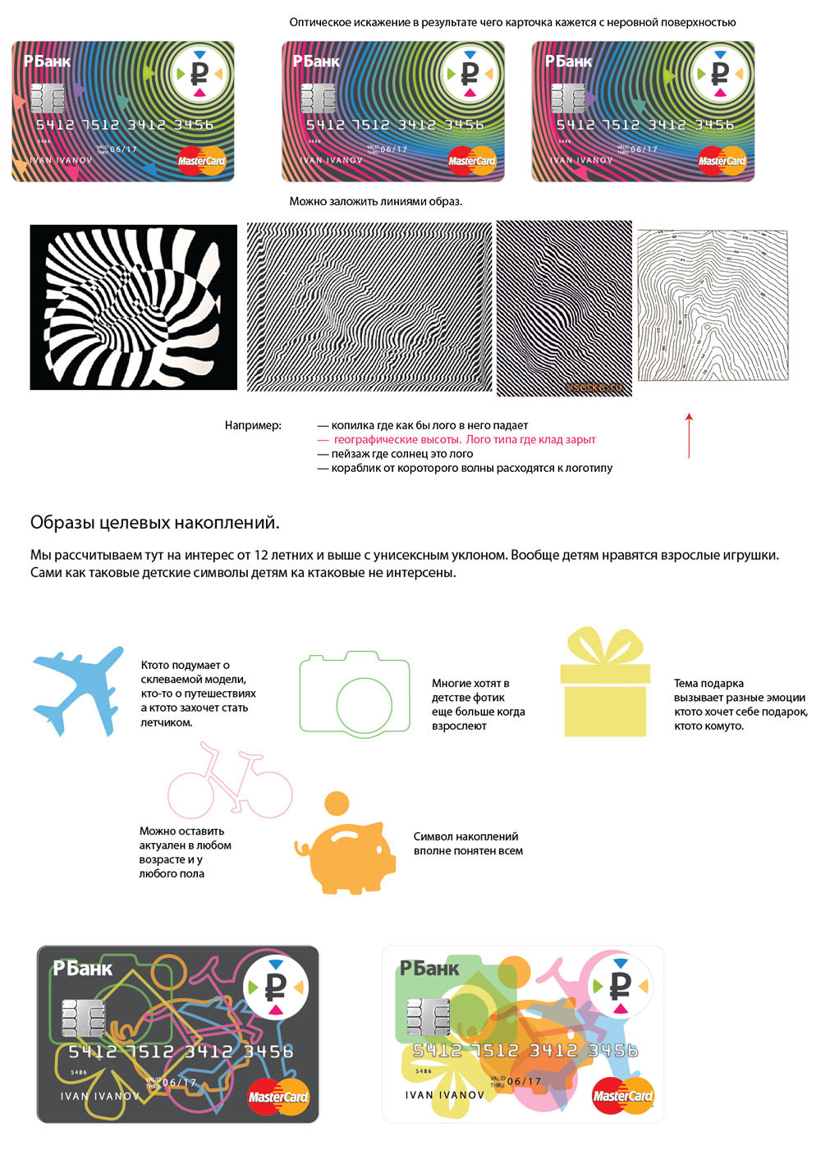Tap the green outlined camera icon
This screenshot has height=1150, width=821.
click(x=355, y=694)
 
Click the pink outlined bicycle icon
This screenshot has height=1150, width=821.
click(x=229, y=784)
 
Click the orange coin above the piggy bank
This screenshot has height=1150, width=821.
click(x=337, y=803)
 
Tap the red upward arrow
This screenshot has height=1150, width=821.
click(x=689, y=435)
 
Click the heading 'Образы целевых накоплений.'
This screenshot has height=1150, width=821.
click(x=154, y=522)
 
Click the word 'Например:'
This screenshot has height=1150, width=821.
click(x=253, y=425)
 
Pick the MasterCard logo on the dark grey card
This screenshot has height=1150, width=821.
click(x=278, y=1097)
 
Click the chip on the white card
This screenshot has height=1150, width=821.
click(x=429, y=1019)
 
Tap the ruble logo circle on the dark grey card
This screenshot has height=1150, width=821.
click(x=276, y=986)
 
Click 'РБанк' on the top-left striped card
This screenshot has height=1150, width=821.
click(x=47, y=62)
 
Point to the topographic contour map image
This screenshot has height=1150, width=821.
click(x=713, y=305)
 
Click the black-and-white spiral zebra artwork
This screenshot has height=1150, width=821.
click(x=133, y=307)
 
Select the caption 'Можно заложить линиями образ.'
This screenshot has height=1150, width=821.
click(x=375, y=201)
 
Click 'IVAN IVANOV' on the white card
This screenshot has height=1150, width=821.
click(x=444, y=1095)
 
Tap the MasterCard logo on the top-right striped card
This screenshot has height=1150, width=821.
click(x=722, y=161)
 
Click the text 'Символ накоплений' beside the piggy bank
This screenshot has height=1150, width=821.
click(x=466, y=836)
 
